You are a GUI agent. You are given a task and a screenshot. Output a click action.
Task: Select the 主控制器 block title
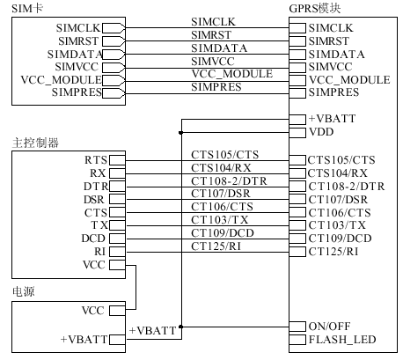[35, 143]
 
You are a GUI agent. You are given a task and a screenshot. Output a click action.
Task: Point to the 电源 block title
[25, 290]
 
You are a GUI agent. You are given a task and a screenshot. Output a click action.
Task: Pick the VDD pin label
[322, 131]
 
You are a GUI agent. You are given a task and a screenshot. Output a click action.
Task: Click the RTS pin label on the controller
[95, 160]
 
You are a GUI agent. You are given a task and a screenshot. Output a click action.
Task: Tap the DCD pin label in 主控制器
[94, 239]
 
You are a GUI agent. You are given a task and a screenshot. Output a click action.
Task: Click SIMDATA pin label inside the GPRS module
[336, 54]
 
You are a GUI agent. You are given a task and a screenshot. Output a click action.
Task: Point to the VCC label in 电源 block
[92, 311]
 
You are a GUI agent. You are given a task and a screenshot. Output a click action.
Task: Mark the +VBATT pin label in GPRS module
[333, 118]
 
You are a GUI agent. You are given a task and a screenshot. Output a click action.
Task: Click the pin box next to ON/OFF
[298, 326]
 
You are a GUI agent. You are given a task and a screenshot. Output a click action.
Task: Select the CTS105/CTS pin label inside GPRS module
[341, 159]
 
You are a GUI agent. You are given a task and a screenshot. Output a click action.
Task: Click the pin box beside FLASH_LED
[298, 339]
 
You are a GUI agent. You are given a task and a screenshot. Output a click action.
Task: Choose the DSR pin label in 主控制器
[94, 199]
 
